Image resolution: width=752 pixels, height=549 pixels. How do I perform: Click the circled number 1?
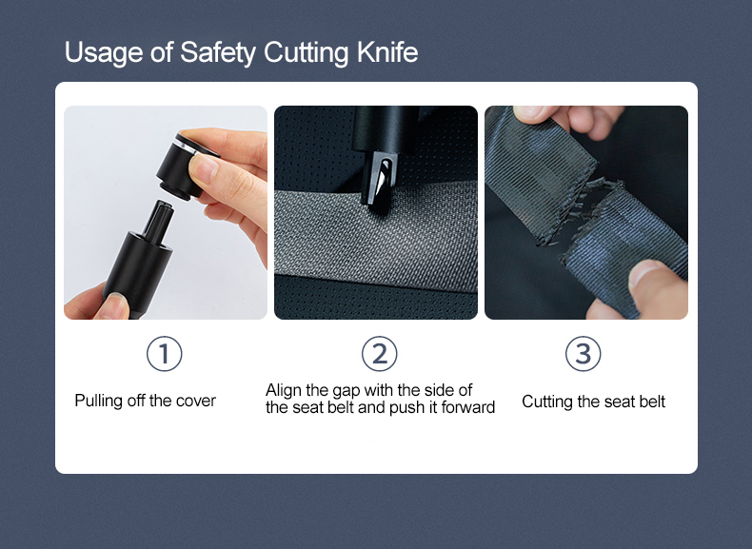(164, 354)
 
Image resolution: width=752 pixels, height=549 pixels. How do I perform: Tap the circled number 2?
(379, 354)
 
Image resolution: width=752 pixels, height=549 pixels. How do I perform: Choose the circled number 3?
(583, 354)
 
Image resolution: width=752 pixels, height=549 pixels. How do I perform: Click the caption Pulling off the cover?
(145, 401)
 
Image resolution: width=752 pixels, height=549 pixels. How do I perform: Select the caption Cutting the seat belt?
(593, 402)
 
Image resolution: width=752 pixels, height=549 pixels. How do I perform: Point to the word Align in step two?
(284, 390)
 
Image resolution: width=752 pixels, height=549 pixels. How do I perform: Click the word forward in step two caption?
(466, 408)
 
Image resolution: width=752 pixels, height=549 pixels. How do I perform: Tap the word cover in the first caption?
(196, 401)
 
